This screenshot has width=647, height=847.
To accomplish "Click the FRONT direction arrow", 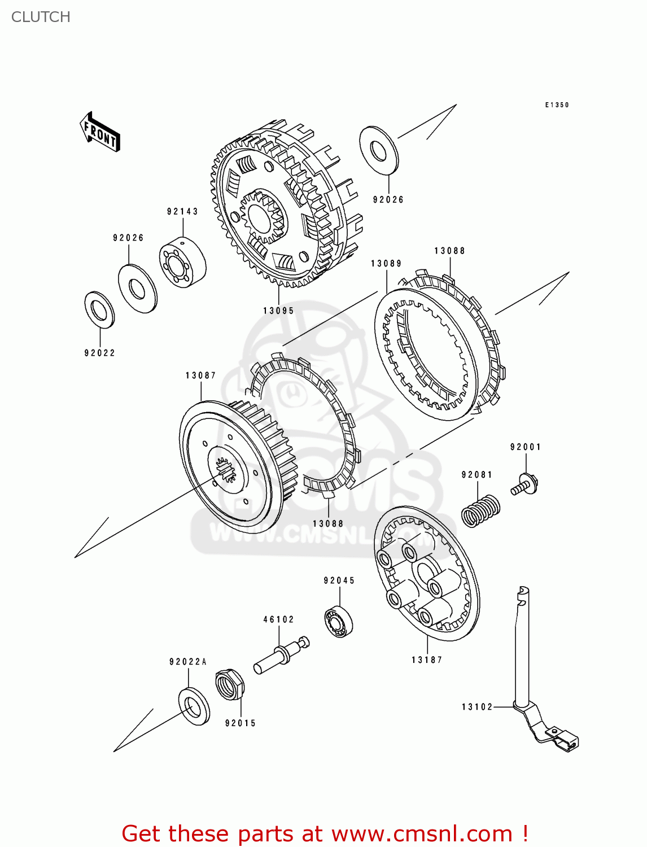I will click(100, 132).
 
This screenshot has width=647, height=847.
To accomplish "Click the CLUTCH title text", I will click(41, 17).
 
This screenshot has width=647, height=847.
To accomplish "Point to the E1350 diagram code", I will click(557, 105).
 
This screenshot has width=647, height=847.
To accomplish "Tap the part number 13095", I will click(278, 311).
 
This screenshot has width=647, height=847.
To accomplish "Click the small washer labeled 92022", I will click(99, 309).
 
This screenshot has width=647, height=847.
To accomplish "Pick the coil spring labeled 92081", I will click(480, 510).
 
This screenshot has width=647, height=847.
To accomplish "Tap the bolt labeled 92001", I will click(526, 485).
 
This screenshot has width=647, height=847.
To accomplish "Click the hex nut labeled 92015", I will click(230, 684).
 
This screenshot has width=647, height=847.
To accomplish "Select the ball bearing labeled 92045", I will click(339, 621).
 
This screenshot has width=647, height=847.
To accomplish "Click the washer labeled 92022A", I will click(194, 706).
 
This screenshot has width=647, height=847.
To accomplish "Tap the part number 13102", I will click(477, 707).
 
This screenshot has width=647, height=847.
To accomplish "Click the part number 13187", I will click(427, 660).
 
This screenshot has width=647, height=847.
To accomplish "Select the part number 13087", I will click(200, 376).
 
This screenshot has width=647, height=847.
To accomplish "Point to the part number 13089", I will click(386, 264).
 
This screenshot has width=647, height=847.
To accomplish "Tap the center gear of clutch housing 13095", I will click(260, 215).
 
